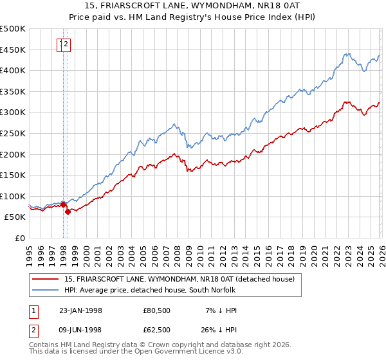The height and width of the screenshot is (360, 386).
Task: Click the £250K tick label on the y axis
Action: click(x=13, y=133)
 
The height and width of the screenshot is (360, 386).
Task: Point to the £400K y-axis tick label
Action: click(x=13, y=71)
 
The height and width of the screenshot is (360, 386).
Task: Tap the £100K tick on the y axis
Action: click(x=13, y=196)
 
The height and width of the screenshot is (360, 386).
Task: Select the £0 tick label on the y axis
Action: click(x=20, y=238)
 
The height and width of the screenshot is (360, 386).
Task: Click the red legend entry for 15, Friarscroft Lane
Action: click(x=179, y=279)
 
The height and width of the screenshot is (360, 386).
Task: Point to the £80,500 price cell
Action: click(x=157, y=310)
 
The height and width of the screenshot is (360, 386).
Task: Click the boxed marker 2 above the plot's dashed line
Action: click(x=66, y=44)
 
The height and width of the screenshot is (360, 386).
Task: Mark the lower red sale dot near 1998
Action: click(x=68, y=212)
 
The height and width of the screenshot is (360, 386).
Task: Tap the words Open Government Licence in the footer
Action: click(x=196, y=352)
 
